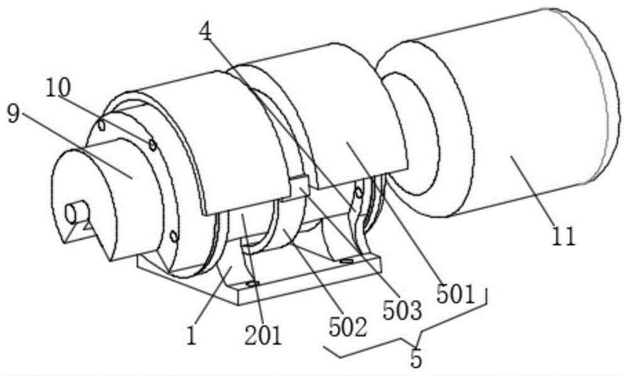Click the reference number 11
coord(564,236)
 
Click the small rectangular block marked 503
coord(299,186)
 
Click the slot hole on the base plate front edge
coord(252,285)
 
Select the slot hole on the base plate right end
coord(346,260)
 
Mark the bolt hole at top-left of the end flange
coord(101,123)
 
